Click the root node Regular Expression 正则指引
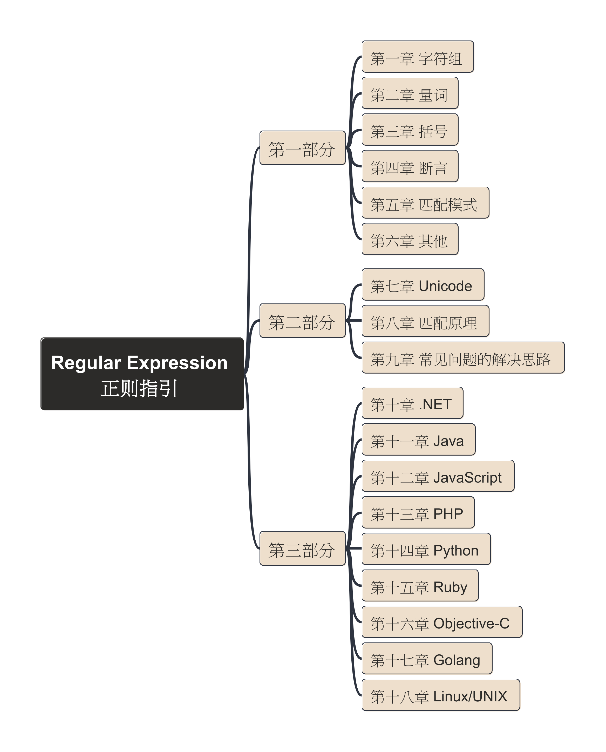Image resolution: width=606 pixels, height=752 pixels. [x=142, y=374]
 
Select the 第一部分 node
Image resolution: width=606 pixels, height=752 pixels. [x=302, y=148]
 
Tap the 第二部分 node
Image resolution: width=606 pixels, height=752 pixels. [x=302, y=321]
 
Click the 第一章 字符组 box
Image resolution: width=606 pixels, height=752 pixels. [x=418, y=57]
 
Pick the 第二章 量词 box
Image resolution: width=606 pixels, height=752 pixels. [x=410, y=94]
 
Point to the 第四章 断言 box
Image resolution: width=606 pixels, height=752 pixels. [x=410, y=167]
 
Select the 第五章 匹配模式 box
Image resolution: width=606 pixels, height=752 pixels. [x=425, y=203]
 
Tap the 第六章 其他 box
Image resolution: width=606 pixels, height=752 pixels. [x=410, y=240]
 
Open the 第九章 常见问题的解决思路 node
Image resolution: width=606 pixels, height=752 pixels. [x=463, y=358]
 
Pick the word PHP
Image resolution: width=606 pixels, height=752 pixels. [x=448, y=513]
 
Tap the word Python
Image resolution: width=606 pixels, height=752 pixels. [x=455, y=550]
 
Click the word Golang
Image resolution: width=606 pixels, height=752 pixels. [x=457, y=660]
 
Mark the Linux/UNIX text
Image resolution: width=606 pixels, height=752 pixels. [x=470, y=696]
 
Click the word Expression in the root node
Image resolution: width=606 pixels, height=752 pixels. [x=177, y=362]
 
